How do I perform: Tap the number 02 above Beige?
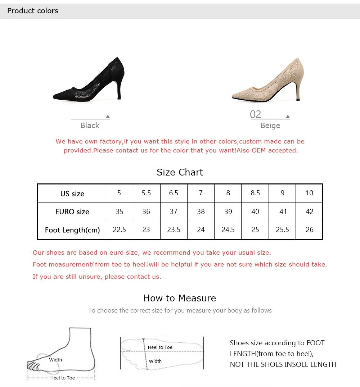pyautogui.click(x=255, y=114)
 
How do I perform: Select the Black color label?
pyautogui.click(x=90, y=126)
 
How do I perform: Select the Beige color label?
pyautogui.click(x=270, y=126)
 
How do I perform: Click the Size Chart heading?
pyautogui.click(x=180, y=172)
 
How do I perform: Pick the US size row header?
pyautogui.click(x=72, y=193)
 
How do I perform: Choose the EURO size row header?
pyautogui.click(x=72, y=211)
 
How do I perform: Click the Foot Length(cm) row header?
pyautogui.click(x=72, y=230)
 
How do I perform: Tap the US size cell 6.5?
pyautogui.click(x=174, y=193)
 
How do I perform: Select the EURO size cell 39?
pyautogui.click(x=228, y=211)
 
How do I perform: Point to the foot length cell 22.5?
pyautogui.click(x=120, y=229)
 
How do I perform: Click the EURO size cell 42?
pyautogui.click(x=309, y=211)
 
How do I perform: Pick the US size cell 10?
pyautogui.click(x=309, y=193)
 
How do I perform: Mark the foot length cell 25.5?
pyautogui.click(x=282, y=229)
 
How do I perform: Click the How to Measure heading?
pyautogui.click(x=180, y=298)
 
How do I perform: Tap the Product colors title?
pyautogui.click(x=33, y=11)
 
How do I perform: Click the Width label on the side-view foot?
pyautogui.click(x=55, y=360)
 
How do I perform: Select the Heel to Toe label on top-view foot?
pyautogui.click(x=160, y=347)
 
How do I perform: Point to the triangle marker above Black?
pyautogui.click(x=108, y=117)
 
